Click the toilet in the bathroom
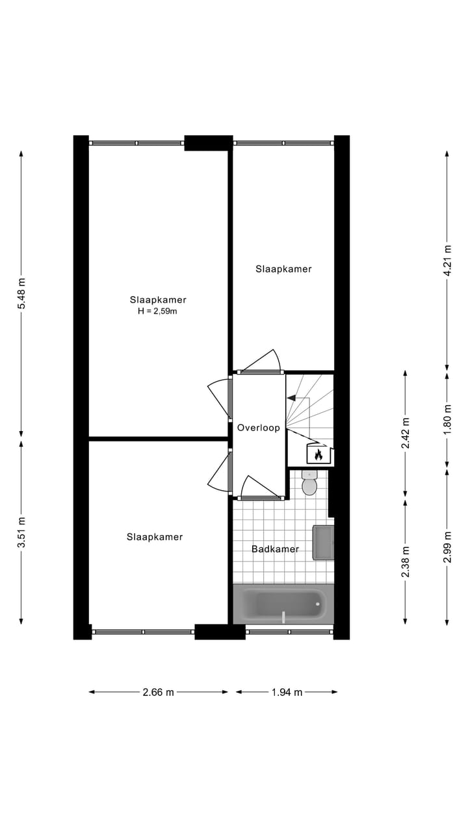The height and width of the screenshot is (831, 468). (309, 484)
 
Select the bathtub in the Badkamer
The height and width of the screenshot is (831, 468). (283, 604)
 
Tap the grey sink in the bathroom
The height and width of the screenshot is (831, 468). (323, 543)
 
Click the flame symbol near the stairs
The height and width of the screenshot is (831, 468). (318, 454)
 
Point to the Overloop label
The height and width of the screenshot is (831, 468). (258, 428)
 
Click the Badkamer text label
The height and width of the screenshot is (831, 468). (275, 549)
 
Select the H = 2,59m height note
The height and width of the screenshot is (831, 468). (158, 311)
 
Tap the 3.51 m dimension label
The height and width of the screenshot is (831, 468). (21, 532)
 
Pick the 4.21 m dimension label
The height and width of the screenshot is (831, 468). (447, 260)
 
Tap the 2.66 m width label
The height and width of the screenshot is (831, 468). (159, 692)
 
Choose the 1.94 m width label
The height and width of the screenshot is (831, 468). (287, 692)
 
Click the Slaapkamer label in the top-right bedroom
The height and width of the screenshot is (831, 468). (283, 269)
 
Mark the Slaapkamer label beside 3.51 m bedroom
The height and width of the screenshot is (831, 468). (155, 537)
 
